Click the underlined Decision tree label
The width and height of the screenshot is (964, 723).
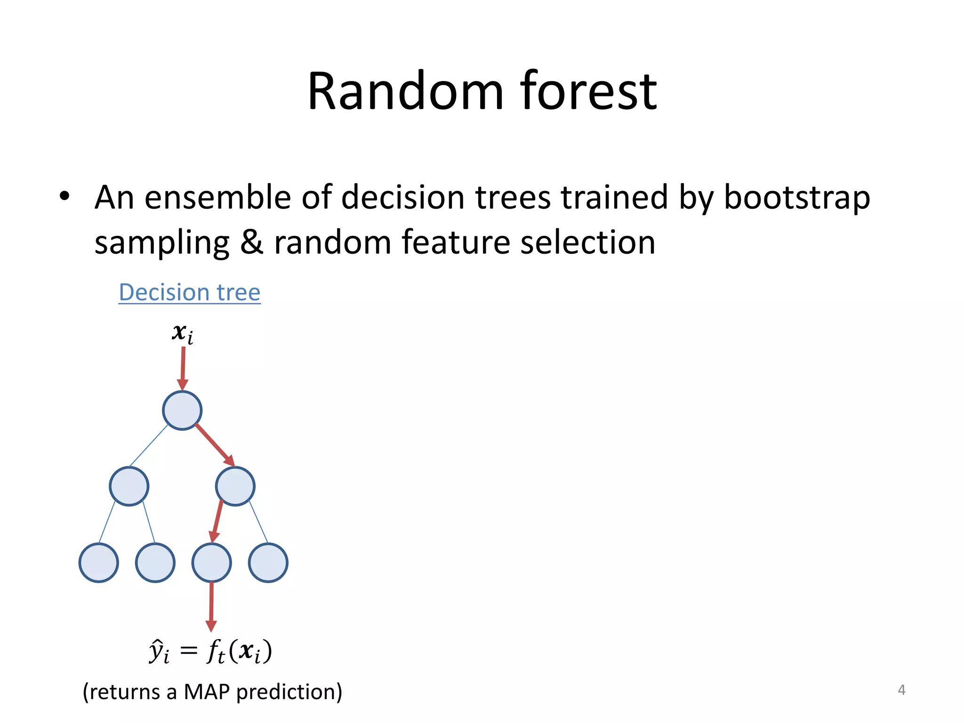[x=189, y=292]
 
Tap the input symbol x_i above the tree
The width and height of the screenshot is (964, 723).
[x=182, y=333]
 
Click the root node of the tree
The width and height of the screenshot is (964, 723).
[x=182, y=410]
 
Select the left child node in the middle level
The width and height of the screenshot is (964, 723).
[x=129, y=486]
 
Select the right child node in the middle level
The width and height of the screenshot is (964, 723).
[x=235, y=486]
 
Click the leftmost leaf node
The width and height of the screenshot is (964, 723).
[x=98, y=562]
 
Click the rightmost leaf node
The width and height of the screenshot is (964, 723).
[x=268, y=562]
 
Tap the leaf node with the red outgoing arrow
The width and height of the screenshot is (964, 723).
[x=211, y=562]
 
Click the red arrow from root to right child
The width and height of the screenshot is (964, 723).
[x=215, y=445]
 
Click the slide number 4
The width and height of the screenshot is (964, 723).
[x=901, y=690]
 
